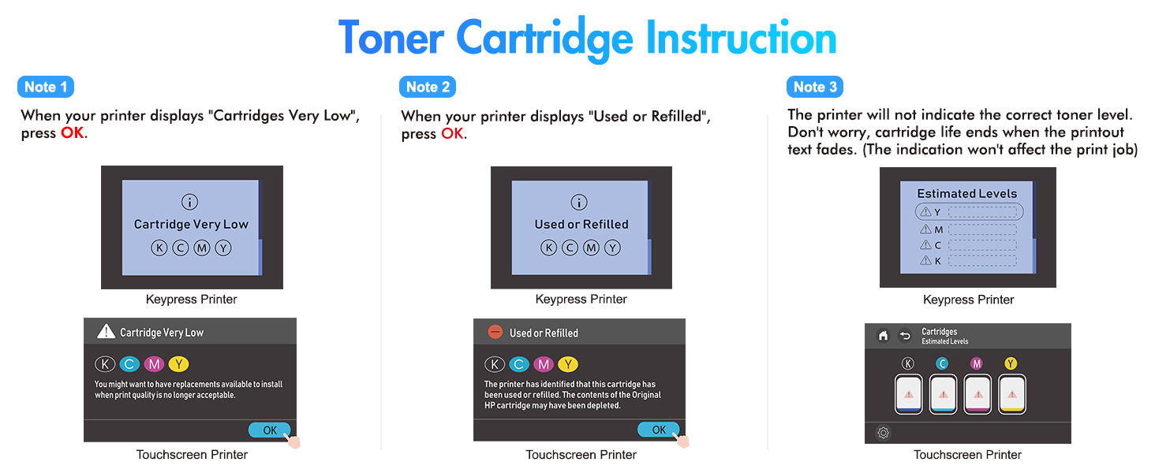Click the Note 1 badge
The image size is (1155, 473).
(46, 87)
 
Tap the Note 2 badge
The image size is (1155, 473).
(428, 87)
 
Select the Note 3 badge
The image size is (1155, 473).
(815, 87)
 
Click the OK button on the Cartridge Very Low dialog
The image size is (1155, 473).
(269, 430)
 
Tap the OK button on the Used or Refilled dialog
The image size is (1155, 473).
(659, 429)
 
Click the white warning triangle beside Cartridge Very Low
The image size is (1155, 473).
(107, 332)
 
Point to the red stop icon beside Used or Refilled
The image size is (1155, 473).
(495, 332)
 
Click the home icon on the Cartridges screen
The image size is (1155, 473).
(884, 336)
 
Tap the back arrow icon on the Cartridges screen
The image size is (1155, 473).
(905, 336)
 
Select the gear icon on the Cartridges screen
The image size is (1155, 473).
(884, 433)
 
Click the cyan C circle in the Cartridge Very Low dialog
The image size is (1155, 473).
(129, 364)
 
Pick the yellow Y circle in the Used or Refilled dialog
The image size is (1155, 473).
(568, 364)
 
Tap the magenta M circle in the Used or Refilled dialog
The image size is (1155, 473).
(544, 364)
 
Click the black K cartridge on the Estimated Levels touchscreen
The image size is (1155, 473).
(909, 394)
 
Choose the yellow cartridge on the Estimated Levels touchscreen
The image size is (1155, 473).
(1012, 394)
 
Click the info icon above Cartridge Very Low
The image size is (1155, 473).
(190, 202)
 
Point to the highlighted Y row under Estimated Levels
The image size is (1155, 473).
(969, 212)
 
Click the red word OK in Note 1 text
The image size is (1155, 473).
(73, 133)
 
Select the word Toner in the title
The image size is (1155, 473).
(391, 38)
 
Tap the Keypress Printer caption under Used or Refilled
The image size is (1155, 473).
(581, 300)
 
